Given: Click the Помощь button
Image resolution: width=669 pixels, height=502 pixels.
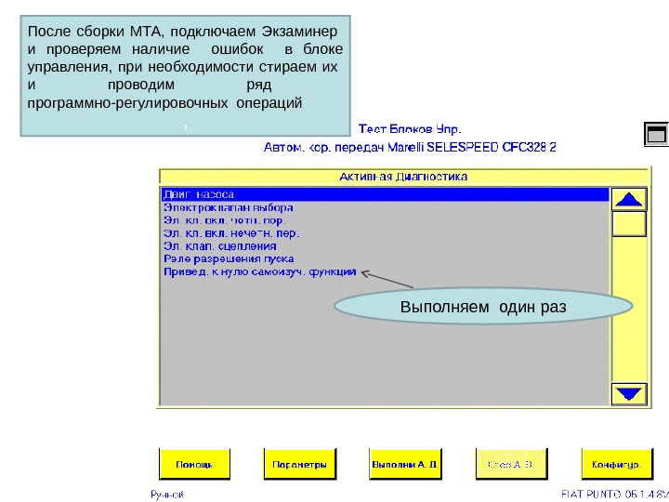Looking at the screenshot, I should pos(196,462).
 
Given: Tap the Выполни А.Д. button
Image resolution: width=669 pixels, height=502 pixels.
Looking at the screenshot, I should pos(403,462).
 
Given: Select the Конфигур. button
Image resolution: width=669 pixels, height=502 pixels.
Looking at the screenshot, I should pos(611,462).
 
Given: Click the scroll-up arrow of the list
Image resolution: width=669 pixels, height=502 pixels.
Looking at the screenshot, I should pos(630,200).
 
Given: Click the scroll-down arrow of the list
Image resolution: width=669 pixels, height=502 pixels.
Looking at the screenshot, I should pos(630,393).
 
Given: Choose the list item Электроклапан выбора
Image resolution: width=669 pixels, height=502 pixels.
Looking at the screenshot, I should pos(228,207).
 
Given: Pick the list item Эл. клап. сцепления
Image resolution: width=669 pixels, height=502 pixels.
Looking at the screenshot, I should pos(219,246).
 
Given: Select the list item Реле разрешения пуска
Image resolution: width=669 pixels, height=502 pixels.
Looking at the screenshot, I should pos(228,259).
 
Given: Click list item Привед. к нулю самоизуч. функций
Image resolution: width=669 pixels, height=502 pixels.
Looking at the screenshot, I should pos(259,272).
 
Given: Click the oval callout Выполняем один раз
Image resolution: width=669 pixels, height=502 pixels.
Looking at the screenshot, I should pos(483,307).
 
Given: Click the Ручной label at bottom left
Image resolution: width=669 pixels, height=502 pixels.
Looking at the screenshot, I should pos(167,495).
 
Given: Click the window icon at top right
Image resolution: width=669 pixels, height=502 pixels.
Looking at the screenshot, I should pos(656,135).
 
